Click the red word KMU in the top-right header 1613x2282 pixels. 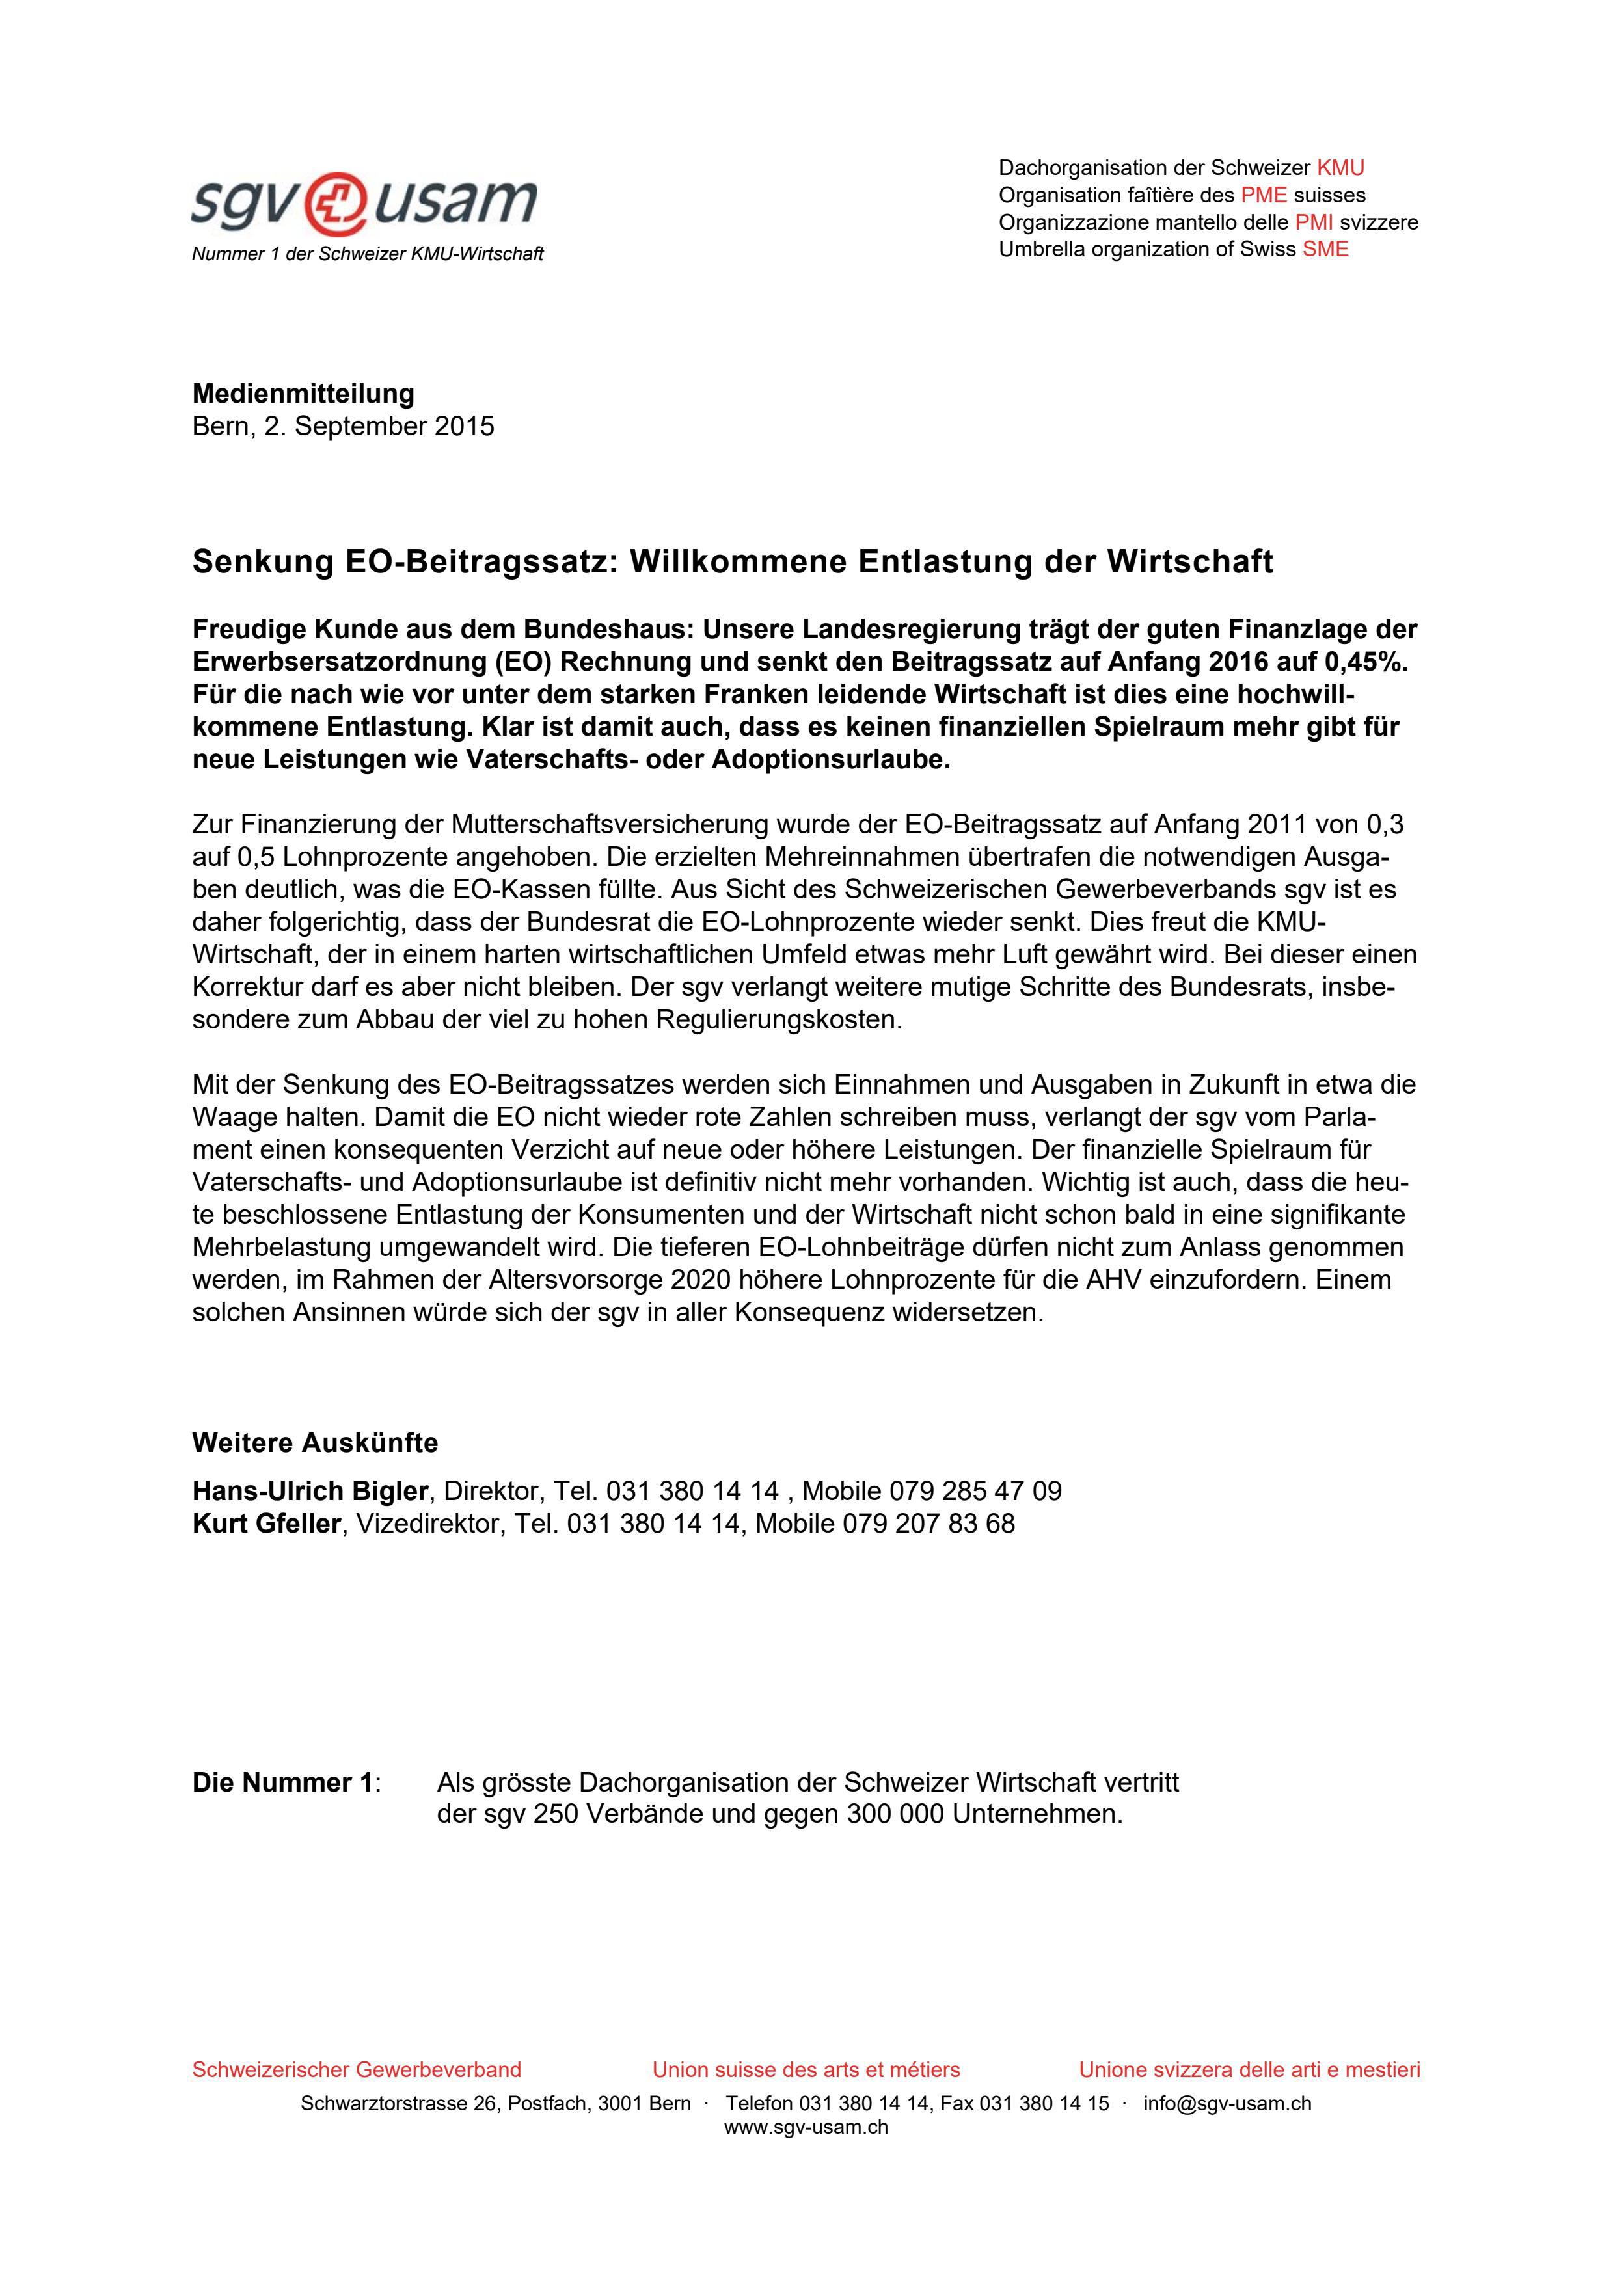point(1340,168)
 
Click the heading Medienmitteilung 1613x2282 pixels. point(303,394)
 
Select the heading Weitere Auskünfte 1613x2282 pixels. point(314,1442)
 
